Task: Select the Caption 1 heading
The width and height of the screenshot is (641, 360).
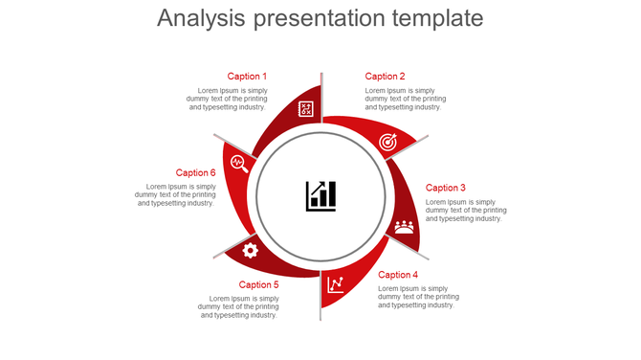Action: [247, 77]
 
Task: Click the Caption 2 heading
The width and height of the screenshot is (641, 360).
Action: [385, 77]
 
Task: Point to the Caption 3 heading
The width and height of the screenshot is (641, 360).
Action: [446, 189]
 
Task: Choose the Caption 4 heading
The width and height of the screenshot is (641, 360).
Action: [398, 275]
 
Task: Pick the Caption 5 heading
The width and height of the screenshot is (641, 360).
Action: [259, 284]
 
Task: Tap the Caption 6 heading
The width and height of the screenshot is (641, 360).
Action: [196, 173]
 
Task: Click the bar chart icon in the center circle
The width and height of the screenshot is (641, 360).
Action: [320, 195]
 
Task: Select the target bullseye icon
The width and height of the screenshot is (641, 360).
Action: [387, 142]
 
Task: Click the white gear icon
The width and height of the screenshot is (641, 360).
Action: [251, 250]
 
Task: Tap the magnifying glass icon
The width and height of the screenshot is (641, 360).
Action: [239, 162]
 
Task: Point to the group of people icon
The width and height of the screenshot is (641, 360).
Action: [405, 227]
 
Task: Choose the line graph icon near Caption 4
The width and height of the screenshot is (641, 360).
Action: [336, 283]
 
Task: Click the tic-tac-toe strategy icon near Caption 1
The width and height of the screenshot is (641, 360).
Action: [306, 108]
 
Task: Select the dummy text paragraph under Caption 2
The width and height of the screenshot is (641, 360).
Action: [405, 99]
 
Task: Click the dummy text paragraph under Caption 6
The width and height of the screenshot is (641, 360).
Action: [176, 194]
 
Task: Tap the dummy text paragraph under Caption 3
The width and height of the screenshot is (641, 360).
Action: [466, 210]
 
